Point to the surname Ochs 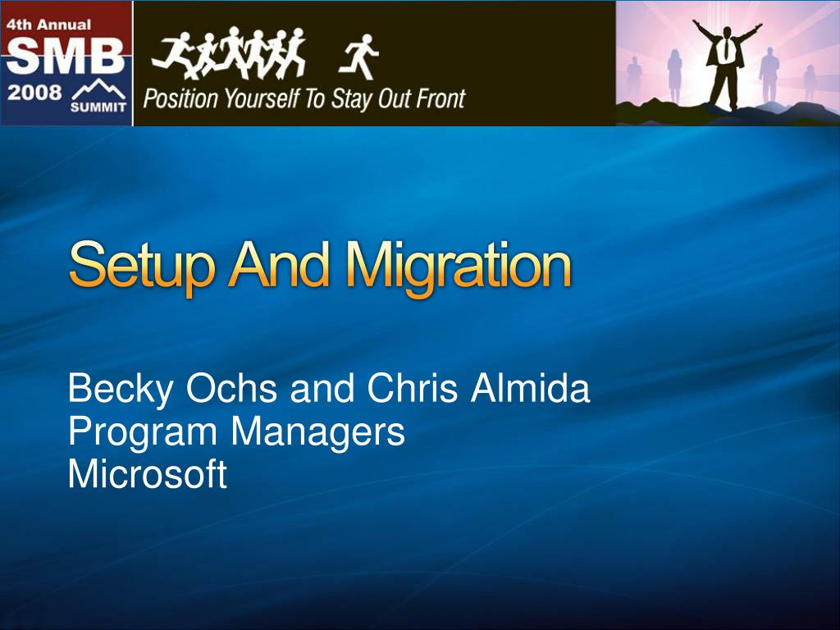point(231,388)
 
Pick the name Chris point(412,388)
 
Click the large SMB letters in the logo point(66,56)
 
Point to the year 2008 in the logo point(34,93)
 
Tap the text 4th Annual point(48,25)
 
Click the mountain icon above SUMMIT point(99,89)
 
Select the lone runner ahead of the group point(359,57)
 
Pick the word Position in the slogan point(181,99)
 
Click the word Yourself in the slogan point(262,99)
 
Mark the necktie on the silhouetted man point(726,48)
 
